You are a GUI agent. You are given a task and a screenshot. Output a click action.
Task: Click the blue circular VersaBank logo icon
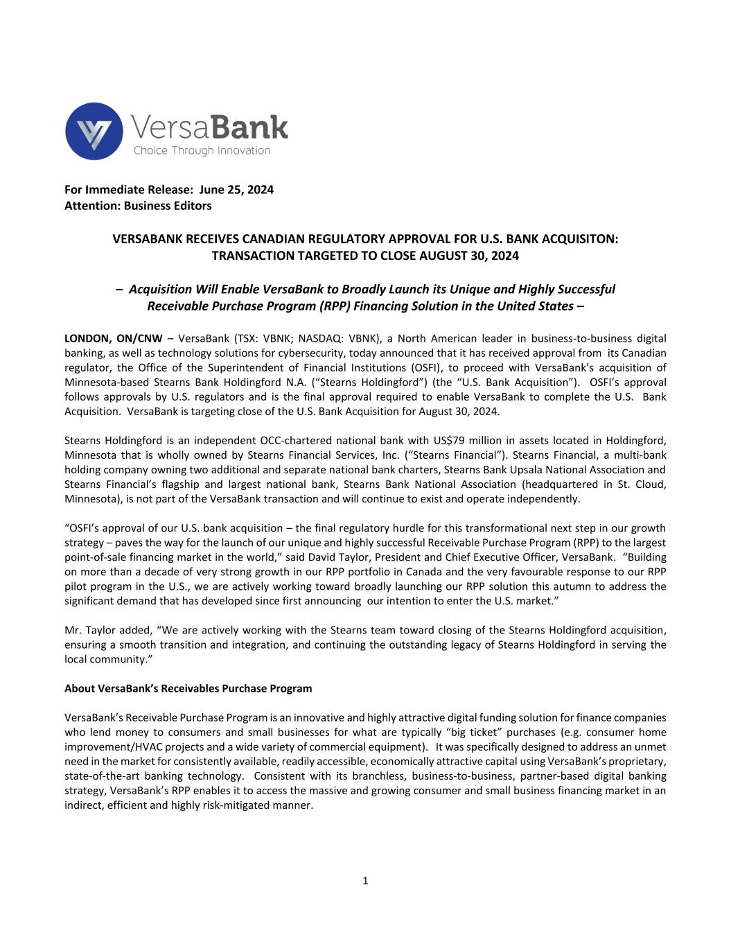click(x=94, y=132)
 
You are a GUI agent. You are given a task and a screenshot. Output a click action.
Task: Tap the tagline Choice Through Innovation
click(x=202, y=151)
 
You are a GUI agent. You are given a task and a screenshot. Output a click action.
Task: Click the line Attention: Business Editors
click(x=138, y=206)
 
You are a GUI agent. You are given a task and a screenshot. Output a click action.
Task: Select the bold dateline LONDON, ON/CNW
click(x=113, y=339)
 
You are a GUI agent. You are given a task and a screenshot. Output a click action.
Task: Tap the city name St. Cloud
click(x=645, y=484)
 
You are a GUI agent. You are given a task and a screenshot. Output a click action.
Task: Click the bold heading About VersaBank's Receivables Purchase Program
click(x=188, y=689)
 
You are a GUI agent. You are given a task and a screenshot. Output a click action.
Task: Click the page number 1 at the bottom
click(x=365, y=882)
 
